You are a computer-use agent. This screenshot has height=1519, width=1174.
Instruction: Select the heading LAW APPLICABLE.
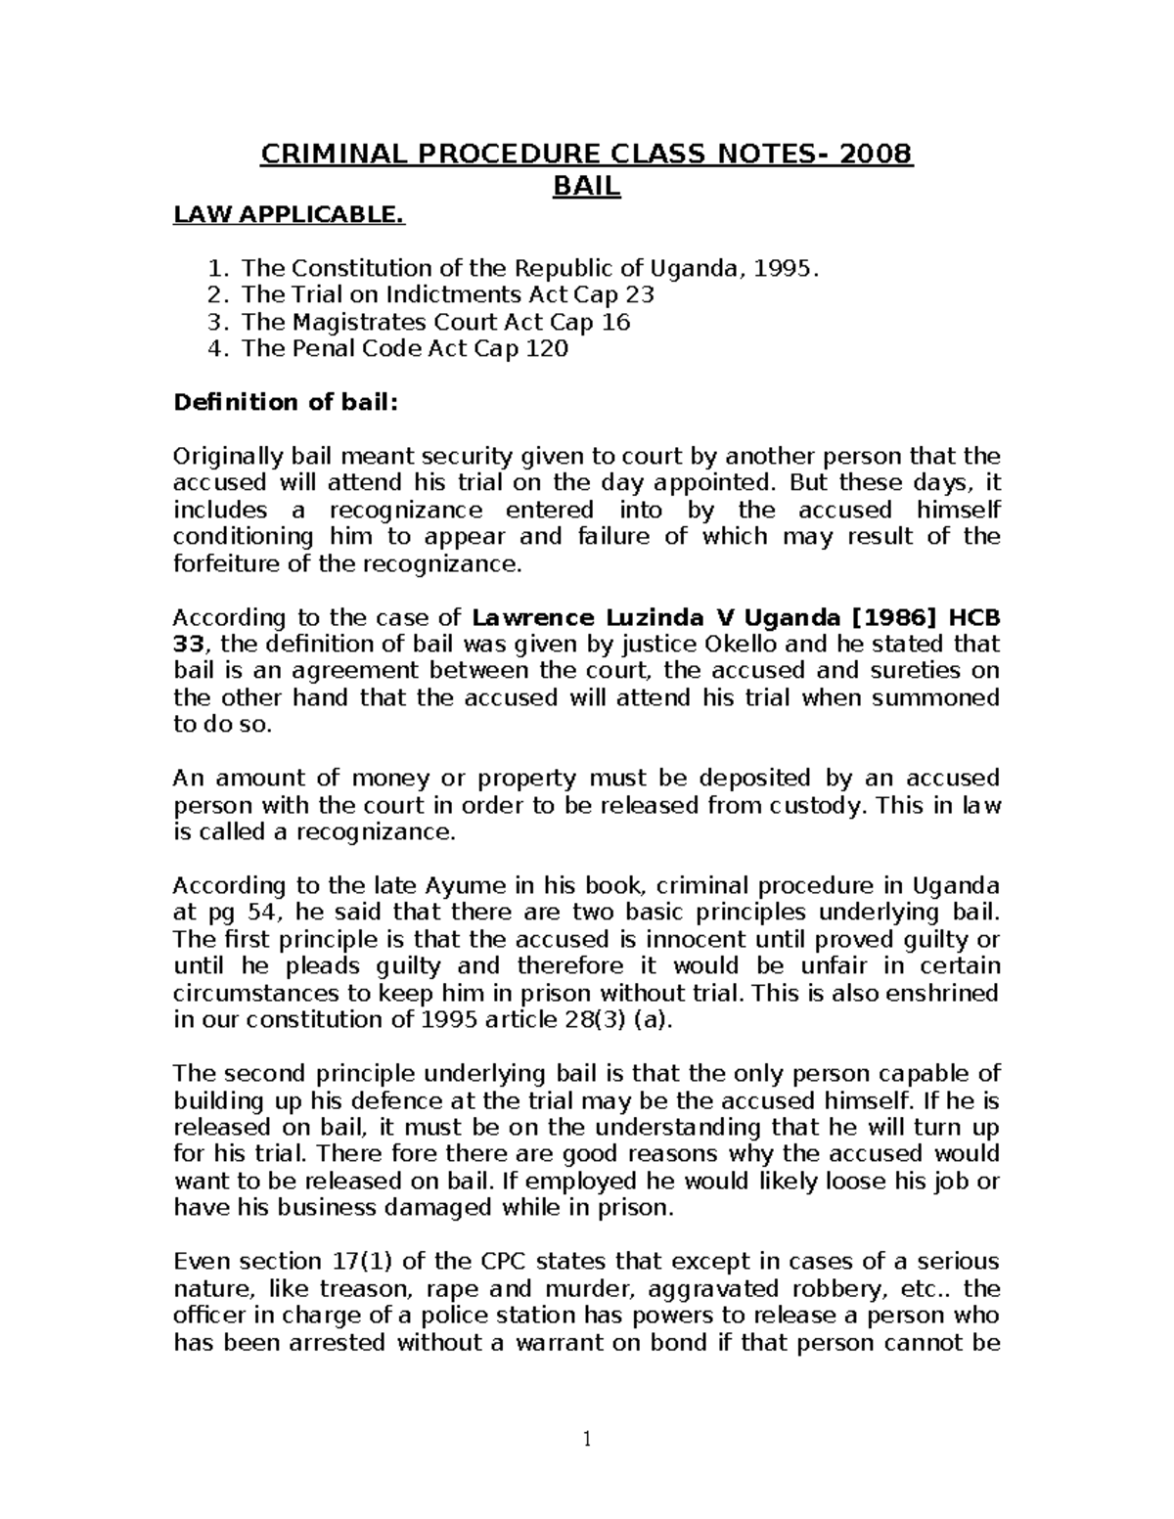tap(289, 214)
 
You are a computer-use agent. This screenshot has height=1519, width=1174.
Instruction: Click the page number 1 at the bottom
tap(587, 1439)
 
